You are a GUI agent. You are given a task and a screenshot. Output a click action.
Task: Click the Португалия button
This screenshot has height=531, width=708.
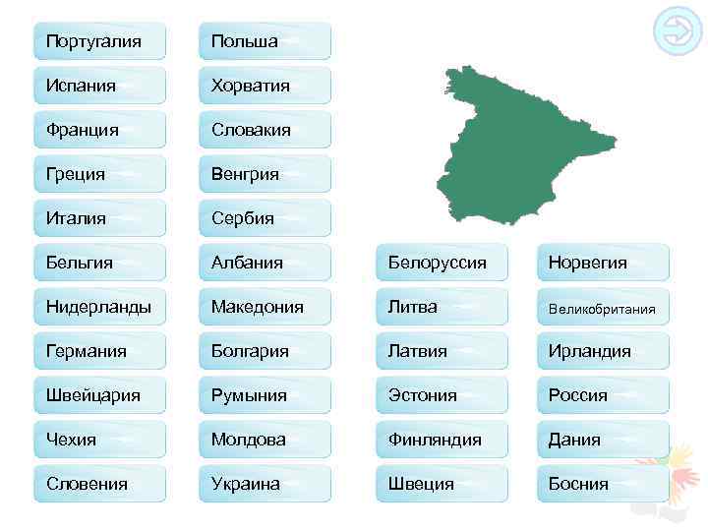tap(99, 41)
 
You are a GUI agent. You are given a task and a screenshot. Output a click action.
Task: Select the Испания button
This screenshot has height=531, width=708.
tap(99, 86)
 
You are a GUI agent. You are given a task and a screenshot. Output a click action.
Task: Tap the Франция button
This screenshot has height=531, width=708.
tap(99, 130)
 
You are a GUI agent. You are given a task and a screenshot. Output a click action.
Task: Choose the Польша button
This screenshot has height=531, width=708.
tap(265, 41)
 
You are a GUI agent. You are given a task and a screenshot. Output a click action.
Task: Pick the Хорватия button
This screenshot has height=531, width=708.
tap(265, 86)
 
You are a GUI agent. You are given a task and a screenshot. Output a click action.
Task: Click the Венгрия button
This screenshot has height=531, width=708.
tap(265, 174)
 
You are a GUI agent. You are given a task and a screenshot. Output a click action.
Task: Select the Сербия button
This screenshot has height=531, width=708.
tap(265, 218)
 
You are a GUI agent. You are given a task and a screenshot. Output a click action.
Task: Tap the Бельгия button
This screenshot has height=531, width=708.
tap(99, 263)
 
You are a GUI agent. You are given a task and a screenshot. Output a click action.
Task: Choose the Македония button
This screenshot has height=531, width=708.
tap(265, 307)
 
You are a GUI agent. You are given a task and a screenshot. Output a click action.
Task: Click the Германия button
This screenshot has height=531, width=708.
tap(99, 351)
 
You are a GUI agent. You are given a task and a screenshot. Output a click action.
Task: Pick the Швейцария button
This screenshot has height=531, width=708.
tap(99, 395)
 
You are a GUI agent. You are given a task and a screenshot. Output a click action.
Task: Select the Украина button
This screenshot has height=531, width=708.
tap(265, 484)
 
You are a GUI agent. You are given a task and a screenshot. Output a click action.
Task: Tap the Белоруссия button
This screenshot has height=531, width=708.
tap(442, 263)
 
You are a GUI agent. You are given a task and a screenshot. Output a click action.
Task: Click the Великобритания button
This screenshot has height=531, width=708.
tap(603, 308)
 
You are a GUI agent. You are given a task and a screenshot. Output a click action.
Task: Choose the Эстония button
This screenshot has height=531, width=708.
tap(442, 395)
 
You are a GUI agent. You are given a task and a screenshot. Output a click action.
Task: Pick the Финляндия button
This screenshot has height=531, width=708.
tap(442, 440)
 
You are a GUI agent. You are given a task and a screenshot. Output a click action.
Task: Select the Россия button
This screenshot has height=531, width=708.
tap(603, 395)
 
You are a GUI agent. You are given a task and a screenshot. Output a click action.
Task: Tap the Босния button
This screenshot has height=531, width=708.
tap(603, 484)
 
